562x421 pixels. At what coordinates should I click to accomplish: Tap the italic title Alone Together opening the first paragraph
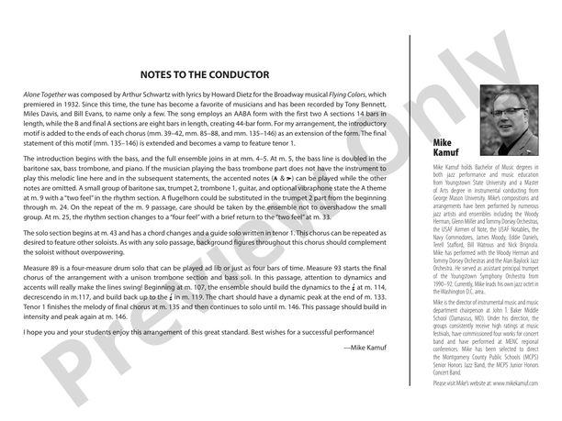tap(47, 94)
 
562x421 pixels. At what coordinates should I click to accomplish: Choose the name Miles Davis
tap(41, 116)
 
